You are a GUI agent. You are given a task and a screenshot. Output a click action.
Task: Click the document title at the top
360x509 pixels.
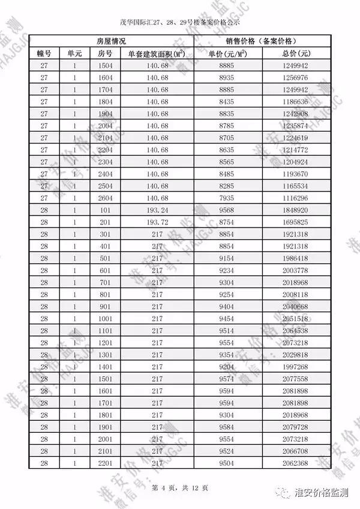179,24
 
